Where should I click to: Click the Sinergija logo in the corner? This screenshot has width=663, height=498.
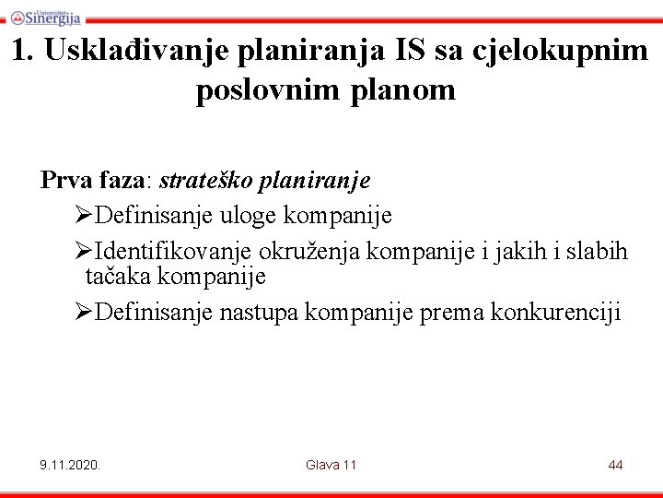pos(45,16)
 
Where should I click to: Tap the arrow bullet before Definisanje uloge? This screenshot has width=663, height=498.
pos(84,216)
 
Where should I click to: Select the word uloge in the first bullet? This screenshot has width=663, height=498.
pos(249,216)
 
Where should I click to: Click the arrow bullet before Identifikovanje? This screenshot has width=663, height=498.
pos(84,252)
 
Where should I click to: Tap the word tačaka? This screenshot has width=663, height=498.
pos(117,276)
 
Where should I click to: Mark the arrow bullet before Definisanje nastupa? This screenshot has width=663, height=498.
pos(84,313)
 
